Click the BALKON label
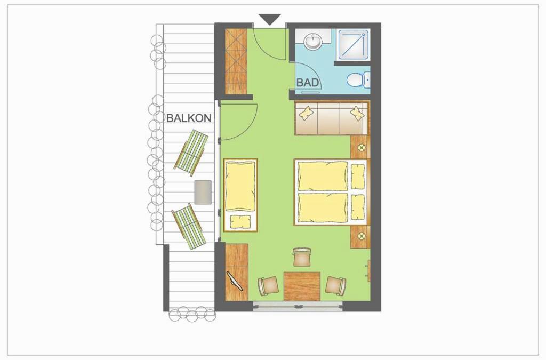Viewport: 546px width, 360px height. [x=189, y=118]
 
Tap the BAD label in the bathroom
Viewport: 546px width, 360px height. [x=308, y=83]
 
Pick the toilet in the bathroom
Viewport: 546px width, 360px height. [x=358, y=79]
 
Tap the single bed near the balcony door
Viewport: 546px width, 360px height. [x=240, y=195]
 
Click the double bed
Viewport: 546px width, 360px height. [x=331, y=192]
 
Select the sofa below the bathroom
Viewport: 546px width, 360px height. [x=332, y=118]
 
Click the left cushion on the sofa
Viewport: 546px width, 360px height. [x=307, y=113]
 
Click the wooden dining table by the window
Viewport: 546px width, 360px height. [x=302, y=286]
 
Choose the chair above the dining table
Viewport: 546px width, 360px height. [x=302, y=257]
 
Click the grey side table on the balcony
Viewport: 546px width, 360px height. [x=203, y=192]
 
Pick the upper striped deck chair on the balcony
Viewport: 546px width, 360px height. [x=191, y=153]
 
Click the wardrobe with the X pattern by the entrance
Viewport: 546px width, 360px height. [x=236, y=61]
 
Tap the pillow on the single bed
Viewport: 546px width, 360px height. [x=240, y=222]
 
